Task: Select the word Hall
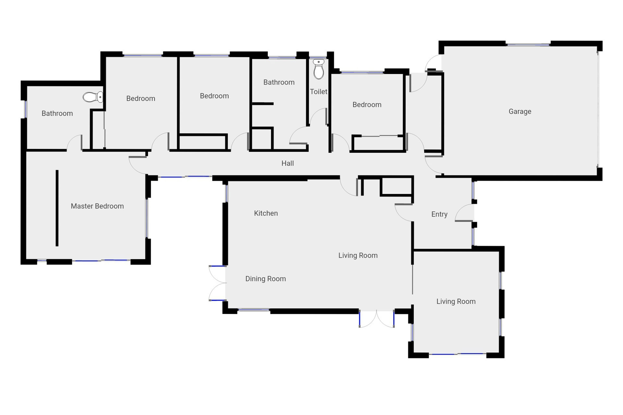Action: coord(287,163)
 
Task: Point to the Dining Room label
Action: coord(265,279)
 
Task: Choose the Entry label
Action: coord(439,214)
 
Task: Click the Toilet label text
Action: coord(318,92)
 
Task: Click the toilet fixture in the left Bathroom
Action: coord(93,97)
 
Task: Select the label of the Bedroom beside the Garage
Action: coord(367,105)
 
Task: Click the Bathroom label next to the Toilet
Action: coord(279,82)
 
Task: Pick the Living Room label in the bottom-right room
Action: coord(456,302)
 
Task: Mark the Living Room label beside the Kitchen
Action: coord(358,255)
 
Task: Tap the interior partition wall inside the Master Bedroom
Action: coord(57,208)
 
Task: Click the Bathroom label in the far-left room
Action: coord(57,113)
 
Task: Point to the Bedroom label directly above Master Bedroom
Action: coord(141,98)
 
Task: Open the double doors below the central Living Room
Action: coord(376,319)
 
